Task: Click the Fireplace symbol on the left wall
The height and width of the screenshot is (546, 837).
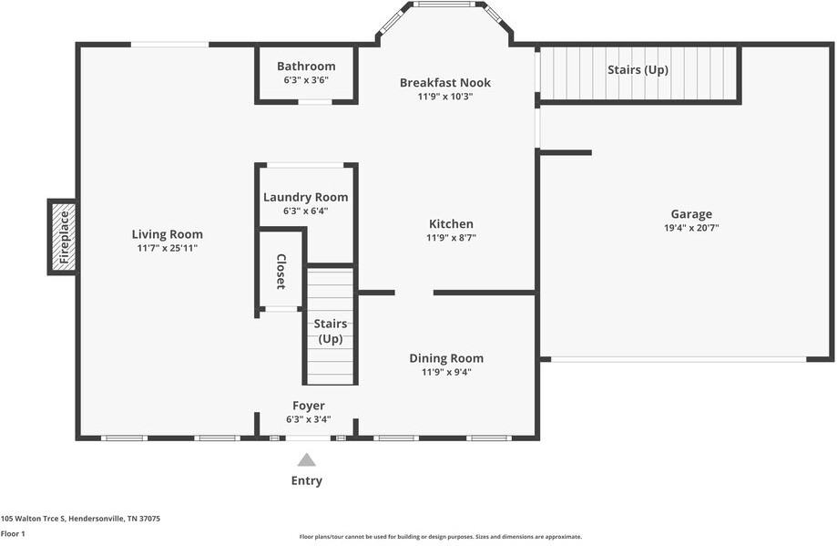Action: coord(63,237)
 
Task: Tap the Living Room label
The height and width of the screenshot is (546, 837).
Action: coord(167,234)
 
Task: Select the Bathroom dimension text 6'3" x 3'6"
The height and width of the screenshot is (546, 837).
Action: coord(306,80)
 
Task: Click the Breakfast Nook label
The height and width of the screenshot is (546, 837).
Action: coord(445,83)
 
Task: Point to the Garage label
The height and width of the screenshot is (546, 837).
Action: coord(692,214)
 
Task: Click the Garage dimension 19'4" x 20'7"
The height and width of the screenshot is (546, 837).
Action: coord(692,229)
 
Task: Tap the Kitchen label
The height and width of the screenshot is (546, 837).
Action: coord(451,223)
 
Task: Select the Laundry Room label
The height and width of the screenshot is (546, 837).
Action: coord(305,197)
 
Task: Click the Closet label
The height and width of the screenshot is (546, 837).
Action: coord(281,272)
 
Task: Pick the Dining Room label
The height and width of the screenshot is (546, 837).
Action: coord(446,358)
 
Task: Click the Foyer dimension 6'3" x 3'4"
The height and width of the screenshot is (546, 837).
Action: coord(308,420)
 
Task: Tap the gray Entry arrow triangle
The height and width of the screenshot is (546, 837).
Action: coord(307,460)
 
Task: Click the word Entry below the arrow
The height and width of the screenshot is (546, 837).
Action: coord(307,480)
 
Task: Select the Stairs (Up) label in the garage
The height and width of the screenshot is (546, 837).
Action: coord(638,69)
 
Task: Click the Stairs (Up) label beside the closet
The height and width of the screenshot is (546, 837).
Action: coord(330,331)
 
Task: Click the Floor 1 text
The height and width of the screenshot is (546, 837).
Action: coord(13,533)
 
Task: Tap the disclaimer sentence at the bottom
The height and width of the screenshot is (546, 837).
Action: coord(441,537)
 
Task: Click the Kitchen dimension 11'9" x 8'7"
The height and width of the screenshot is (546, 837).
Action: coord(451,237)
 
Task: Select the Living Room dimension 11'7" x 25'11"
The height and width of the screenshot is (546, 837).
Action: coord(167,248)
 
